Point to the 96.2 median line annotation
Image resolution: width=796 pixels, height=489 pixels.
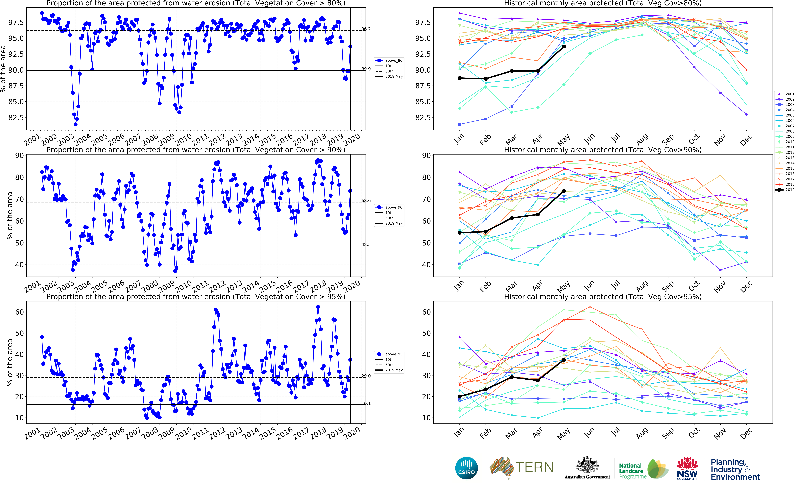[x=366, y=29]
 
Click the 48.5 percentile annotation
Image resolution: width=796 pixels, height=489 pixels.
[x=366, y=244]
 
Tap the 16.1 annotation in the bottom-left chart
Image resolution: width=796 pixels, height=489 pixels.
[x=366, y=403]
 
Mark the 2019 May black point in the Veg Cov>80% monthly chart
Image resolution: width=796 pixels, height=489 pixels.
[x=564, y=47]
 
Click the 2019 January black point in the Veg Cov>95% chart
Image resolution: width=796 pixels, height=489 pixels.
[x=460, y=396]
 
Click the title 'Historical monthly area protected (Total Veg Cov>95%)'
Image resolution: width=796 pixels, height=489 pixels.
[x=603, y=297]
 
